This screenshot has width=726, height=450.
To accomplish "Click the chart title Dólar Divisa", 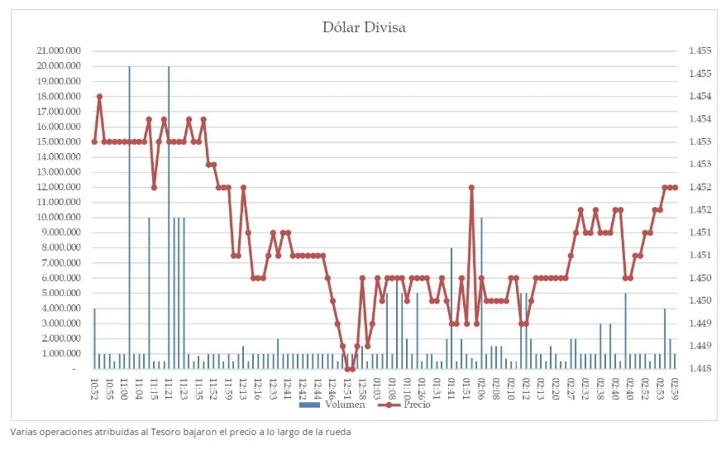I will (x=364, y=28).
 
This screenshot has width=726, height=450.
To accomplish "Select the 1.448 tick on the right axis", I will (x=700, y=369).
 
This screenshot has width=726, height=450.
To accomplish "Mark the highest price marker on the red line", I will (x=99, y=97).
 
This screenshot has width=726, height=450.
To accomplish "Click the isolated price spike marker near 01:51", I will (x=471, y=188).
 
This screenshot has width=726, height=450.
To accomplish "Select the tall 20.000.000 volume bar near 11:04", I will (x=129, y=215).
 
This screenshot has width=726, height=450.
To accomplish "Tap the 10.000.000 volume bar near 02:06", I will (x=481, y=290).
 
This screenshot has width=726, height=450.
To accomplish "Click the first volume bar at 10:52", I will (x=94, y=339).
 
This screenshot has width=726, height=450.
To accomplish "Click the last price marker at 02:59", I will (x=675, y=188).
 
